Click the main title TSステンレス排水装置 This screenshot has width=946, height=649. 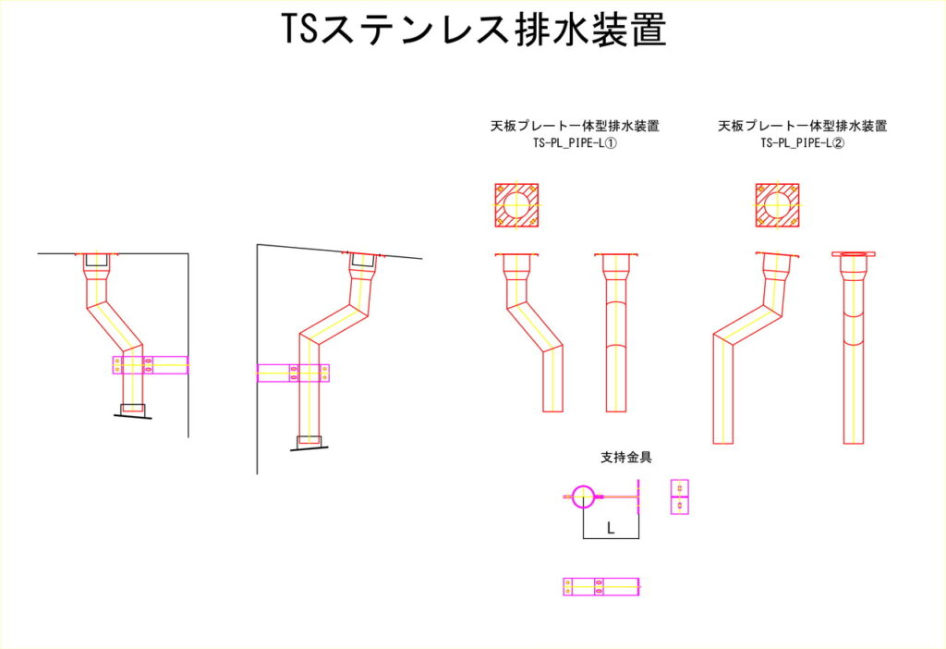pyautogui.click(x=474, y=29)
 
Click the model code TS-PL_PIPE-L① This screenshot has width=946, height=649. pyautogui.click(x=575, y=143)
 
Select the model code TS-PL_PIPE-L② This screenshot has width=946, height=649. pyautogui.click(x=803, y=143)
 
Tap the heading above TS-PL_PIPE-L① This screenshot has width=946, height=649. pyautogui.click(x=575, y=126)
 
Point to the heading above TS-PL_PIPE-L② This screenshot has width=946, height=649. pyautogui.click(x=803, y=126)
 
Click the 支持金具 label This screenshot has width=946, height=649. pyautogui.click(x=626, y=457)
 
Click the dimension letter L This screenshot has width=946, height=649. pyautogui.click(x=611, y=529)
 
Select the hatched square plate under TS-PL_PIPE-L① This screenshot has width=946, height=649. pyautogui.click(x=516, y=205)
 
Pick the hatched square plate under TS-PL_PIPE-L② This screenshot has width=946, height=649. pyautogui.click(x=778, y=205)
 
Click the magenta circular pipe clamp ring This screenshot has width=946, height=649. pyautogui.click(x=583, y=496)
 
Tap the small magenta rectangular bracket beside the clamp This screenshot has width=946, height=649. pyautogui.click(x=680, y=496)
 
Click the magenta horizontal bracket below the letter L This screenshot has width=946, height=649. pyautogui.click(x=600, y=587)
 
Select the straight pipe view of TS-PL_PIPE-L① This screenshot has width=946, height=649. pyautogui.click(x=616, y=333)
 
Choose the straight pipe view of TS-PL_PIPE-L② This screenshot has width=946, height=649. pyautogui.click(x=853, y=348)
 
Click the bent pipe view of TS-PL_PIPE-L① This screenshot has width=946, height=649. pyautogui.click(x=529, y=333)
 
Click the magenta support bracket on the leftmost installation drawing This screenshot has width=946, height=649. pyautogui.click(x=151, y=365)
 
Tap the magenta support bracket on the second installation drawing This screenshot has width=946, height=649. pyautogui.click(x=293, y=373)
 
